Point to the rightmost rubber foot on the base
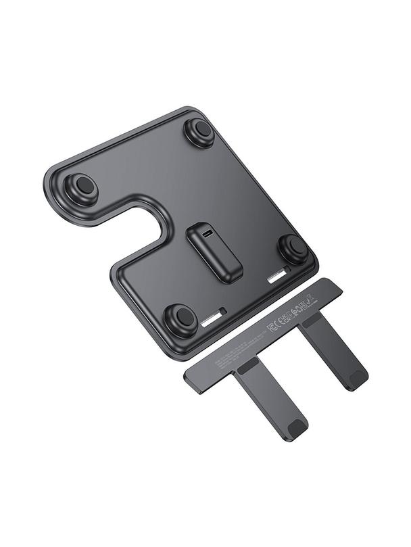[293, 248]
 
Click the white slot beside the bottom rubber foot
[213, 316]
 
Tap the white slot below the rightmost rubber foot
[279, 276]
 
